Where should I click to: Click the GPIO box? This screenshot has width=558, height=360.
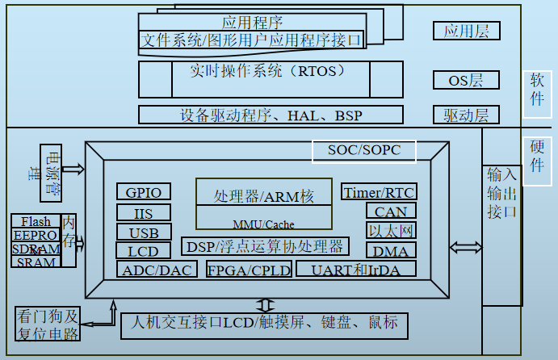[144, 192]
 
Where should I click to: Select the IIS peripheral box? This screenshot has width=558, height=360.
[144, 212]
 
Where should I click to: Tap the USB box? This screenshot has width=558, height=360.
[144, 232]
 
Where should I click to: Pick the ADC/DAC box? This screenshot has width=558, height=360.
[157, 270]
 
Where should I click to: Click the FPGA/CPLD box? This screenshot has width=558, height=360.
[249, 270]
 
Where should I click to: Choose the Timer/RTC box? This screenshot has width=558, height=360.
[379, 192]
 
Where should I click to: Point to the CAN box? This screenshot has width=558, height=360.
[391, 211]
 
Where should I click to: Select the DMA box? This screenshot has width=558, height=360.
[391, 251]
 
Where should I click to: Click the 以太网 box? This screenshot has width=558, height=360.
[391, 231]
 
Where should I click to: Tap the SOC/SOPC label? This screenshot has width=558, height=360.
[363, 150]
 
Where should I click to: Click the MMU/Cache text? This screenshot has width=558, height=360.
[264, 224]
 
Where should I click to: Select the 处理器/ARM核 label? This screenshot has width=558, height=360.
[264, 196]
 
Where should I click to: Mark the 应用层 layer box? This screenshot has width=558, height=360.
[466, 31]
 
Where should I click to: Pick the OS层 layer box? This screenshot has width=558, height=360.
[466, 80]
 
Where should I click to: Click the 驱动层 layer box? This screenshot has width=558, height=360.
[466, 115]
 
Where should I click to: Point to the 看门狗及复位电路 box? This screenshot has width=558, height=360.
[47, 324]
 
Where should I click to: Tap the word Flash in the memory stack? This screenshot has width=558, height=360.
[36, 221]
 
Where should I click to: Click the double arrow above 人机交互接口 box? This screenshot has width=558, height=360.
[264, 305]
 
